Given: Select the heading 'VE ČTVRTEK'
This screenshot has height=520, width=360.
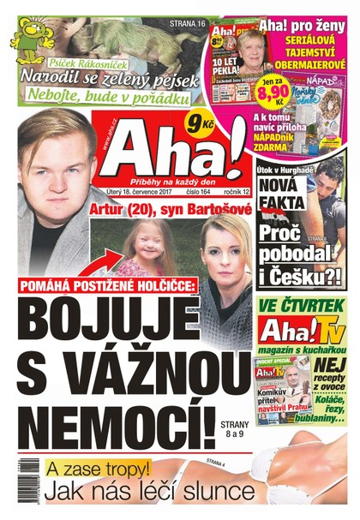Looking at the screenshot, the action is click(x=303, y=305).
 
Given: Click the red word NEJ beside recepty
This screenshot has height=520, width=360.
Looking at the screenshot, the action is click(x=333, y=364).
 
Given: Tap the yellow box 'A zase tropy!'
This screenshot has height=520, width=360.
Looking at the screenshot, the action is click(x=87, y=469).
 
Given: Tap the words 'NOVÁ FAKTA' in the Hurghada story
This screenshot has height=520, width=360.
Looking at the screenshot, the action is click(x=282, y=194).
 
